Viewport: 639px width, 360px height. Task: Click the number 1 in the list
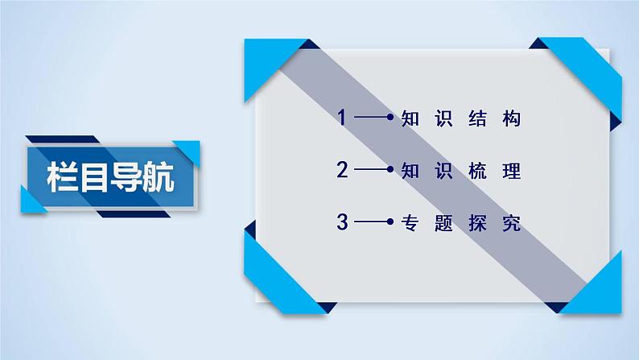(342, 118)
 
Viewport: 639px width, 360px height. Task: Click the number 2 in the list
(342, 170)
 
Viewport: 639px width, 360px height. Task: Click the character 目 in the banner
(96, 176)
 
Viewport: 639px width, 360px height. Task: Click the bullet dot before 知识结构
(390, 119)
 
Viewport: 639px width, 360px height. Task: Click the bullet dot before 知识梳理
(390, 171)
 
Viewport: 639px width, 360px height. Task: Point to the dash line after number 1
(370, 119)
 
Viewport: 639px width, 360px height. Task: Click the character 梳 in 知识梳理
(478, 171)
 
